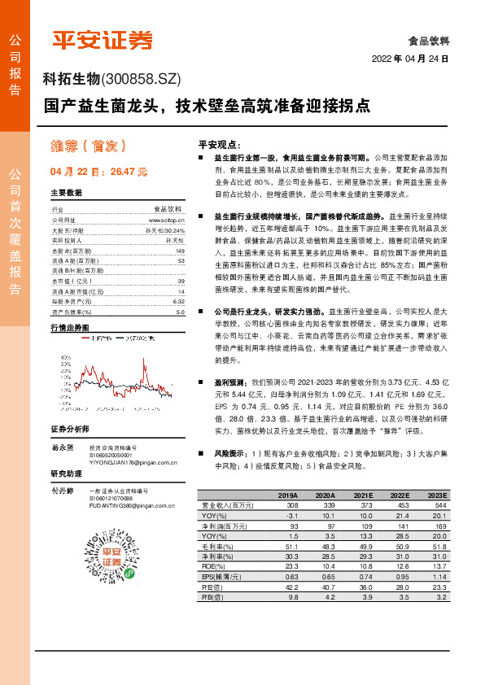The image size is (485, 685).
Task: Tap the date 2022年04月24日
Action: [x=410, y=59]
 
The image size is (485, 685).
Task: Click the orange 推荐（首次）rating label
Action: [x=87, y=146]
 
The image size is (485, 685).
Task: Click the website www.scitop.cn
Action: [x=167, y=220]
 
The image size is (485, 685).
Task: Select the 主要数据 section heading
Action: [x=67, y=194]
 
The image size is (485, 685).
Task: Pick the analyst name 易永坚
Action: [x=63, y=447]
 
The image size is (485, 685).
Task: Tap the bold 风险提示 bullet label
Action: [x=230, y=452]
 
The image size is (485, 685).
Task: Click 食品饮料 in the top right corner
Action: [x=429, y=40]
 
